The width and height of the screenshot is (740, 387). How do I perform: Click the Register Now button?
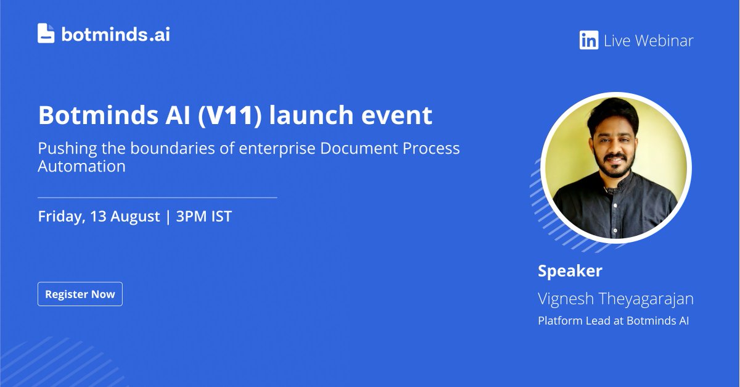point(80,294)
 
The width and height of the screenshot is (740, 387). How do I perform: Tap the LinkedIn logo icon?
point(588,41)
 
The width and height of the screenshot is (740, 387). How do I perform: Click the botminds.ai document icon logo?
point(46,33)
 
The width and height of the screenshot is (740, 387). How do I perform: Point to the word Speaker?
point(570,271)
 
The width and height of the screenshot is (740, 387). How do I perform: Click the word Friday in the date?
point(60,217)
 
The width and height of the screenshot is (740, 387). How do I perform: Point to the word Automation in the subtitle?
point(81,166)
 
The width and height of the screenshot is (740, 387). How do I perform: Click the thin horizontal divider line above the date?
point(157,198)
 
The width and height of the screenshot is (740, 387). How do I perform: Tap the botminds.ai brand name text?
point(115,34)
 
